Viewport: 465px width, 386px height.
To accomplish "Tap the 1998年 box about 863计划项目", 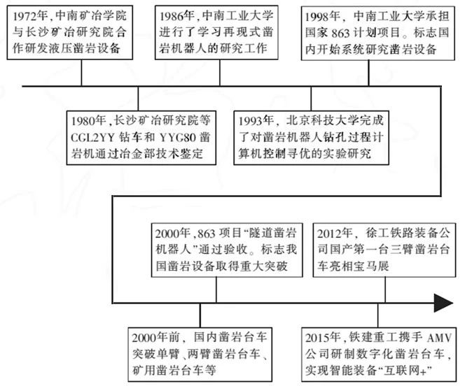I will tap(379, 32).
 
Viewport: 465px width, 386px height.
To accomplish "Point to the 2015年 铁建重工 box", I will tap(381, 349).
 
